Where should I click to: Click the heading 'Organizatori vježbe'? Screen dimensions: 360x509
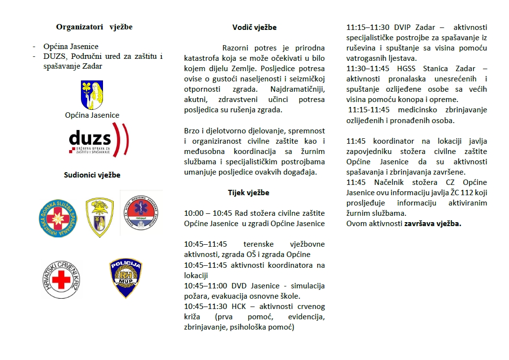94,27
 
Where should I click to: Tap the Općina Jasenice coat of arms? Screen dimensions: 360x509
92,95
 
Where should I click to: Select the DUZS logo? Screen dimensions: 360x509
98,140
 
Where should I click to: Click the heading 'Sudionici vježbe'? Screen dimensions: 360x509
92,175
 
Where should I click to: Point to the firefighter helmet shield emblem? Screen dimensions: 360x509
100,217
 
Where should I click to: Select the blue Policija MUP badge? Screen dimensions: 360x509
126,278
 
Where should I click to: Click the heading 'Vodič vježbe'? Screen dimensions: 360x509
254,27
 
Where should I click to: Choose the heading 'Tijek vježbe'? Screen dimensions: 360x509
248,193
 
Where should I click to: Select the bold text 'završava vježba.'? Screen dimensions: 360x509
433,224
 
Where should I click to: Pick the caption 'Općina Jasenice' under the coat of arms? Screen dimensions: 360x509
92,115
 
